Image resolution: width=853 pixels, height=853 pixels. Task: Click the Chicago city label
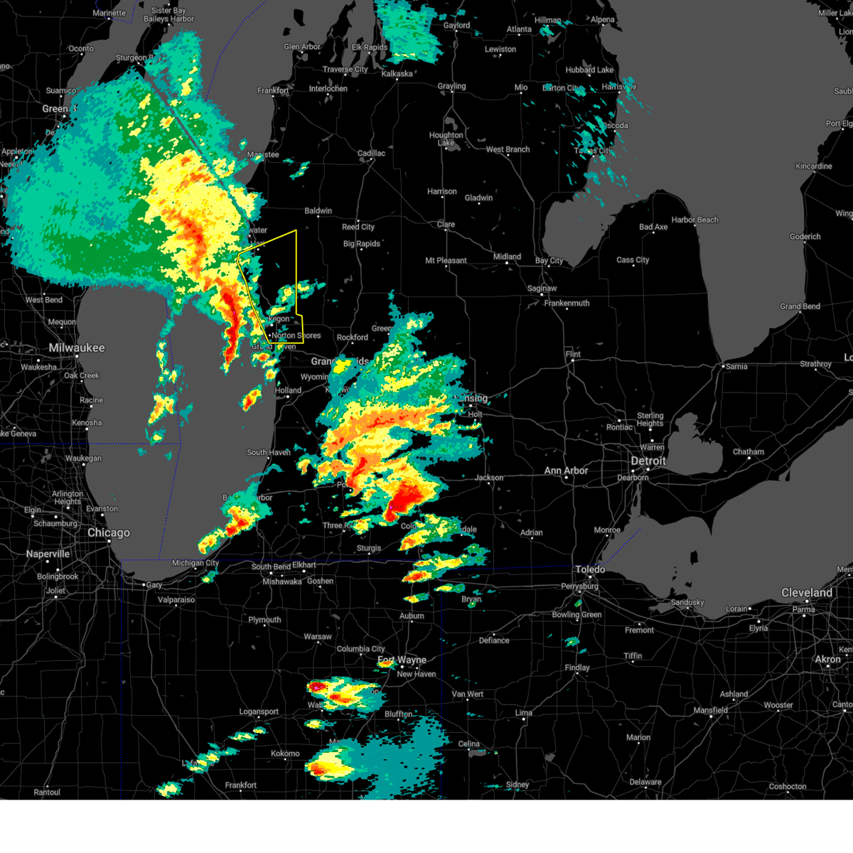(x=109, y=533)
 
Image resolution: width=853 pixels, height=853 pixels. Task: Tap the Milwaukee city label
(x=77, y=348)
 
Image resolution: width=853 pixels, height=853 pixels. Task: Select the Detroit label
(x=648, y=461)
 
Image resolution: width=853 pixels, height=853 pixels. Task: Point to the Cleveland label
(x=807, y=593)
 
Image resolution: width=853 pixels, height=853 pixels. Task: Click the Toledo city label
(x=590, y=569)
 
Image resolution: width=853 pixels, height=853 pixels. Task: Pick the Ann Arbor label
(x=566, y=471)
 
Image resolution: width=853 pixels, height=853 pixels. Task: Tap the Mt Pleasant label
(x=446, y=261)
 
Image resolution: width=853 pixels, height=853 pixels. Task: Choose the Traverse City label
(x=345, y=70)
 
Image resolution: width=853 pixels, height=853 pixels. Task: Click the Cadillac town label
(x=371, y=154)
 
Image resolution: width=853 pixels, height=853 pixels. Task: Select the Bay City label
(x=549, y=261)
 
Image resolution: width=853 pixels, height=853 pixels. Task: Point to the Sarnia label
(x=736, y=367)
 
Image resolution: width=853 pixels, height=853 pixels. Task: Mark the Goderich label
(x=805, y=237)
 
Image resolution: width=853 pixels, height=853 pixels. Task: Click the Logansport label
(x=259, y=712)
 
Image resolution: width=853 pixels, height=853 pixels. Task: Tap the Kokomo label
(x=285, y=753)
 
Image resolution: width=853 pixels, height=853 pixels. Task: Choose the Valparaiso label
(x=176, y=600)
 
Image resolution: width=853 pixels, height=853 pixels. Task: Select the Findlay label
(x=577, y=667)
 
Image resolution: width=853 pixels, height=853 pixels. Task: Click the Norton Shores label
(x=296, y=336)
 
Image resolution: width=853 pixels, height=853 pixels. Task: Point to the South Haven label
(x=269, y=452)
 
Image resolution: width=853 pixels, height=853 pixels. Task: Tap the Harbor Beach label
(x=694, y=220)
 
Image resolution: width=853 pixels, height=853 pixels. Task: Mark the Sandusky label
(x=687, y=603)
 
